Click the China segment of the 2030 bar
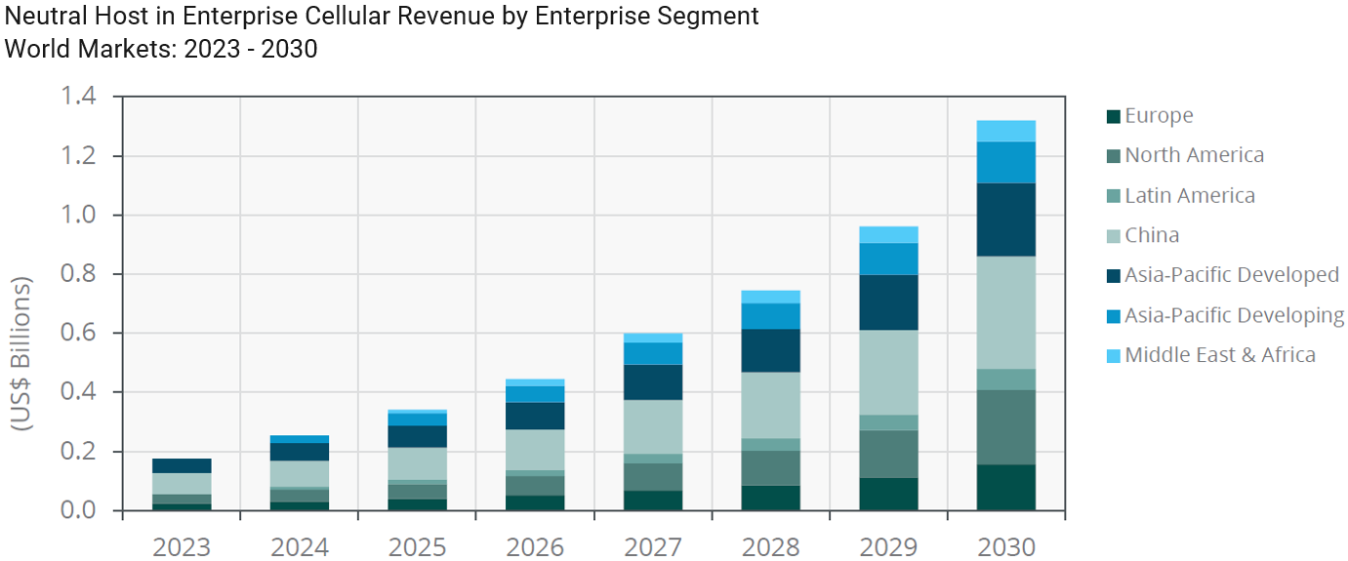coord(1005,312)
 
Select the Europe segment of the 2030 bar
coord(1005,487)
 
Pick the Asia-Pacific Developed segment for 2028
coord(770,350)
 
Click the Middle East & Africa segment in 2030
coord(1005,131)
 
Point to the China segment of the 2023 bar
coord(182,484)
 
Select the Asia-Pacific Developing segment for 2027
coord(653,353)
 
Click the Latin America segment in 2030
coord(1005,380)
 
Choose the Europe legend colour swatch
coord(1113,116)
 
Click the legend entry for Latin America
coord(1189,195)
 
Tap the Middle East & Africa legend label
coord(1219,355)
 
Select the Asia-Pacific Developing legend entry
coord(1234,315)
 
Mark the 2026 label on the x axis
coord(535,546)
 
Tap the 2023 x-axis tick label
coord(182,546)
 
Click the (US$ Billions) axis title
coord(21,353)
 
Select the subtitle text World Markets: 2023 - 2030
coord(161,49)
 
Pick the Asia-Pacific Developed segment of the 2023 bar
coord(182,465)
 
